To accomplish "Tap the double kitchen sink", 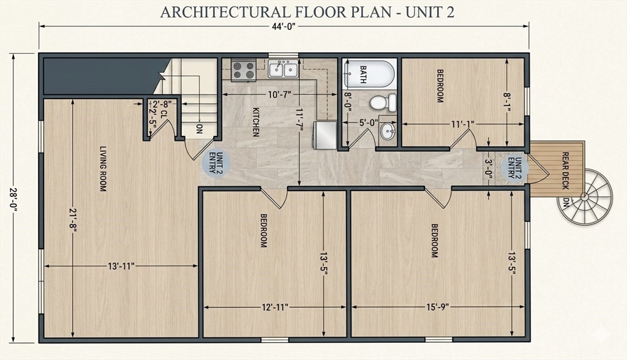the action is (283, 69).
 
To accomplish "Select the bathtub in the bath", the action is (369, 74).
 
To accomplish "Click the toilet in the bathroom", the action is (383, 103).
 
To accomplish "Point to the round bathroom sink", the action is (388, 131).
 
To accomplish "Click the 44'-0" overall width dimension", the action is (284, 26).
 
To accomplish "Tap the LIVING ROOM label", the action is (103, 168).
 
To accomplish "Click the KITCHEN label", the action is (256, 122).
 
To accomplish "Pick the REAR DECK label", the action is (565, 171).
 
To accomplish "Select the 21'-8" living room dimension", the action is (73, 219).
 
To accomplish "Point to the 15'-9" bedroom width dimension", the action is (437, 307).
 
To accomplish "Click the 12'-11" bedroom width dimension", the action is (275, 307).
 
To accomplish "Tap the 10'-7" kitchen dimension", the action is (279, 94).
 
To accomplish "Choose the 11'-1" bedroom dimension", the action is (463, 124).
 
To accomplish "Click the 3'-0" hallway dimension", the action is (488, 168).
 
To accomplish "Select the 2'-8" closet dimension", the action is (162, 103).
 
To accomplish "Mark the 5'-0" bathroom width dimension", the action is (368, 122).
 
